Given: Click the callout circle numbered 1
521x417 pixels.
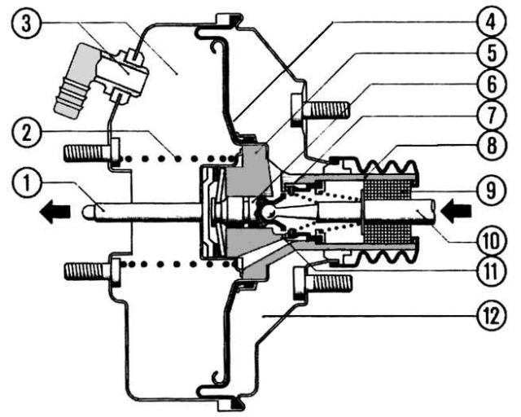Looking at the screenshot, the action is pyautogui.click(x=27, y=182).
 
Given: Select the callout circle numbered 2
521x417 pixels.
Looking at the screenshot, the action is pyautogui.click(x=27, y=133).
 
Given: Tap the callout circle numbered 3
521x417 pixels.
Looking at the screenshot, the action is pyautogui.click(x=26, y=23).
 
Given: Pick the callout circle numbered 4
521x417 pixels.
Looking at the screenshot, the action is pyautogui.click(x=492, y=22).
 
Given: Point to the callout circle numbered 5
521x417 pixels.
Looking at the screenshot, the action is pyautogui.click(x=492, y=53).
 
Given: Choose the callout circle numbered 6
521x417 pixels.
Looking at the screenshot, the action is pyautogui.click(x=492, y=84).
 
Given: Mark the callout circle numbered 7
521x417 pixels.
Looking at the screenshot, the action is pyautogui.click(x=492, y=115).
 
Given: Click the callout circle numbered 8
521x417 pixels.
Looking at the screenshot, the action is pyautogui.click(x=492, y=146).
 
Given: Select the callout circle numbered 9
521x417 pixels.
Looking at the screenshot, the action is pyautogui.click(x=492, y=191).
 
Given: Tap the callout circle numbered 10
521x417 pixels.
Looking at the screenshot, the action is pyautogui.click(x=492, y=239).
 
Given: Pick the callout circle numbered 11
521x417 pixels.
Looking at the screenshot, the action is pyautogui.click(x=492, y=270).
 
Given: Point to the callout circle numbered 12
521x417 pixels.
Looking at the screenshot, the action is pyautogui.click(x=492, y=316).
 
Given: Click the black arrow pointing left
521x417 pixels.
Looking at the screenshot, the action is pyautogui.click(x=55, y=212).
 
